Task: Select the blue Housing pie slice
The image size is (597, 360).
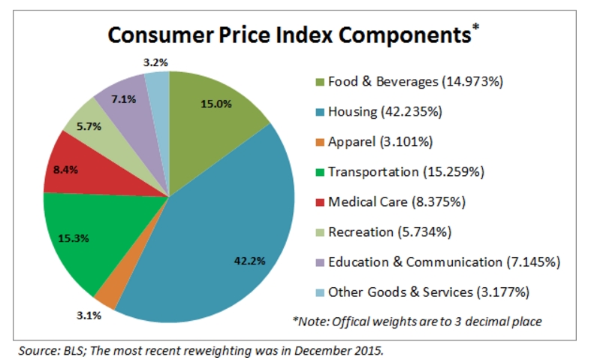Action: tap(225, 225)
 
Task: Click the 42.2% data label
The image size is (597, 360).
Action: tap(249, 261)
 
